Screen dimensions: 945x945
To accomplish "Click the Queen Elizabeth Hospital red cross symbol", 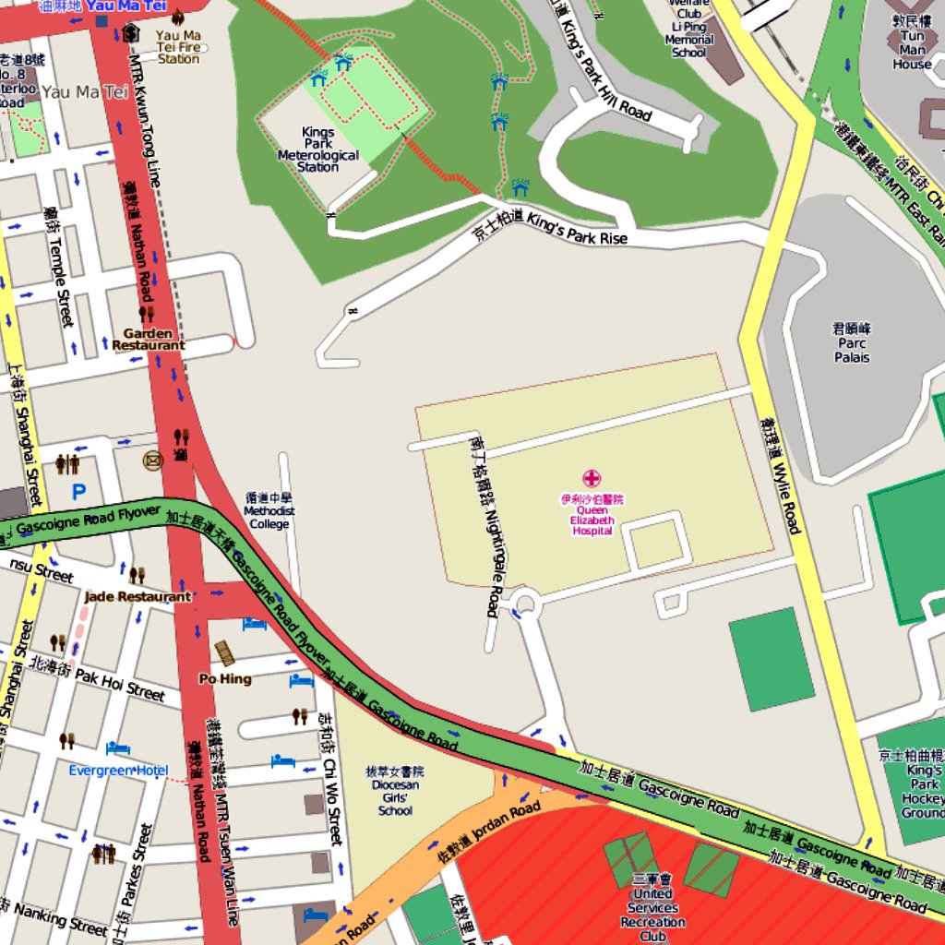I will [x=591, y=478].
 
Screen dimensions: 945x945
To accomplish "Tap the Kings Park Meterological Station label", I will [x=317, y=150].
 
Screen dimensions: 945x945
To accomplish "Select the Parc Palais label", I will [x=852, y=343].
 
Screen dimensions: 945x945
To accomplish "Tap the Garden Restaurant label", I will [x=149, y=340].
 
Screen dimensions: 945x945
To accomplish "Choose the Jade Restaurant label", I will [x=138, y=597].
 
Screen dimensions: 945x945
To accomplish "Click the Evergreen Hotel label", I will [x=118, y=770].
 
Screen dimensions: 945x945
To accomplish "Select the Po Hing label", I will [x=225, y=678].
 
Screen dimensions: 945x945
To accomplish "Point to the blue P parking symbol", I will [x=78, y=493].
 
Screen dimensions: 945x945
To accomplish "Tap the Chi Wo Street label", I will [x=329, y=779].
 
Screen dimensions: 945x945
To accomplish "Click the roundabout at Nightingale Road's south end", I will [x=525, y=605].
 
